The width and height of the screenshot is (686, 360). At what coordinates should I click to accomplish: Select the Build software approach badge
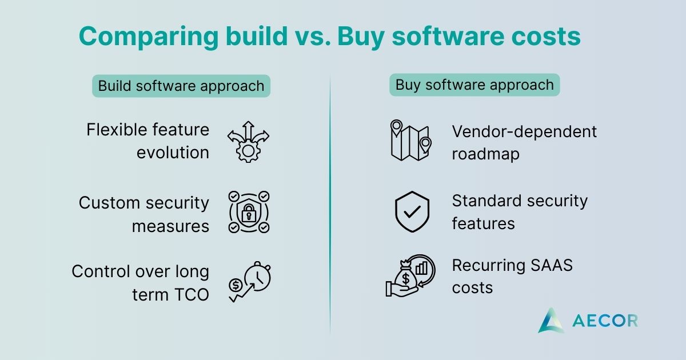[x=181, y=86]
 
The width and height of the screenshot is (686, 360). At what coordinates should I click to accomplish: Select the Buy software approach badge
[x=474, y=85]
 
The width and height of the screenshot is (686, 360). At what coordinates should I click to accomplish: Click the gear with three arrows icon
[x=248, y=142]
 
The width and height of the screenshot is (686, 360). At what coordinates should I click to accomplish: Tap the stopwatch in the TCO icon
[x=257, y=276]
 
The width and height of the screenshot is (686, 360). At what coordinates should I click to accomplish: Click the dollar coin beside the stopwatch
[x=236, y=285]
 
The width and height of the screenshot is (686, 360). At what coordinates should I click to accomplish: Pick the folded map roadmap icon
[x=411, y=140]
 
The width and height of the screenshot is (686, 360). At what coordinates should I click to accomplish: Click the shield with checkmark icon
[x=412, y=212]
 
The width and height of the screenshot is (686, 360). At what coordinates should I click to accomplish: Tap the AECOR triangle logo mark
[x=551, y=320]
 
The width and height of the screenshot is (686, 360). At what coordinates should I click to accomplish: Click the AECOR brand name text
[x=605, y=321]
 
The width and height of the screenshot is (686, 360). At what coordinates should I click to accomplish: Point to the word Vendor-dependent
[x=524, y=132]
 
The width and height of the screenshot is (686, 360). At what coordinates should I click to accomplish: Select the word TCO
[x=192, y=295]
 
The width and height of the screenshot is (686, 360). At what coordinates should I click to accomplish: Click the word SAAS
[x=552, y=265]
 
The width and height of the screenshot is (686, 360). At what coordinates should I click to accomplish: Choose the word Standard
[x=486, y=201]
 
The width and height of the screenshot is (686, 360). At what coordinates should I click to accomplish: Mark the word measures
[x=170, y=227]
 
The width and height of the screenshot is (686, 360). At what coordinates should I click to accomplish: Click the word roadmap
[x=486, y=154]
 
